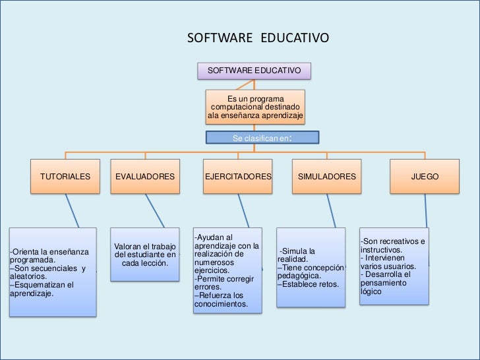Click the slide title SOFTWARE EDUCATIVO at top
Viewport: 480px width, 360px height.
pos(258,38)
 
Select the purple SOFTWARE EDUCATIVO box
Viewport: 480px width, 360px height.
pos(255,71)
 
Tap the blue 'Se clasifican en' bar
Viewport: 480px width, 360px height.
pos(262,138)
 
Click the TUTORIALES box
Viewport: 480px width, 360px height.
pos(65,177)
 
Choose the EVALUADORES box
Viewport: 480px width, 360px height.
pos(145,177)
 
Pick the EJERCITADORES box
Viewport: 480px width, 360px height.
pos(238,177)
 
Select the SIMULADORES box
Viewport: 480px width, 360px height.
pos(327,177)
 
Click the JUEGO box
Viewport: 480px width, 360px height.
pos(425,177)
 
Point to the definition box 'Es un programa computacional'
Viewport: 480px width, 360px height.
pos(255,107)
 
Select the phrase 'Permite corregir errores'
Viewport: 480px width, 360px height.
pos(224,283)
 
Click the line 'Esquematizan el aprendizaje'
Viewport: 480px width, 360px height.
pos(42,289)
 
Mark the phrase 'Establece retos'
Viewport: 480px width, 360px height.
pos(308,285)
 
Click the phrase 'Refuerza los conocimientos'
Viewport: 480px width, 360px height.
pos(221,300)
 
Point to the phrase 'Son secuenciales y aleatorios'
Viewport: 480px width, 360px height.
pos(48,273)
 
